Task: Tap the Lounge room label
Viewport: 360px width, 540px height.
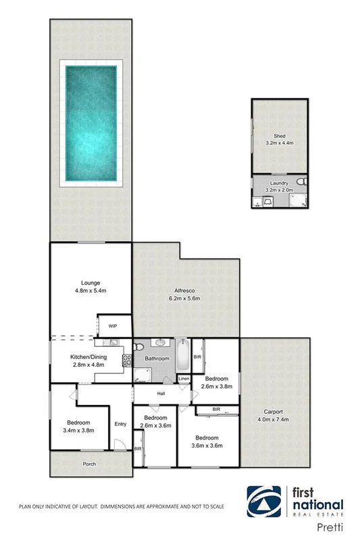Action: [91, 283]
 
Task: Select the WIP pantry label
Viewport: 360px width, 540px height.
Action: [113, 326]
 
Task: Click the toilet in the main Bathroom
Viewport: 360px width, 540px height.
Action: [138, 348]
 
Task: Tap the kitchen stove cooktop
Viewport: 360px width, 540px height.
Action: [126, 360]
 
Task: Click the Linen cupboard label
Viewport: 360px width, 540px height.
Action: [184, 379]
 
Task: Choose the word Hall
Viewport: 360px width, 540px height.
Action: [161, 393]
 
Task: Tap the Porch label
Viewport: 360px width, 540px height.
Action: [88, 464]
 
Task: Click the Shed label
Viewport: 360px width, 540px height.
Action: [280, 136]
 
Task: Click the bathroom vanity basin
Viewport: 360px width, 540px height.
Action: [160, 343]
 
